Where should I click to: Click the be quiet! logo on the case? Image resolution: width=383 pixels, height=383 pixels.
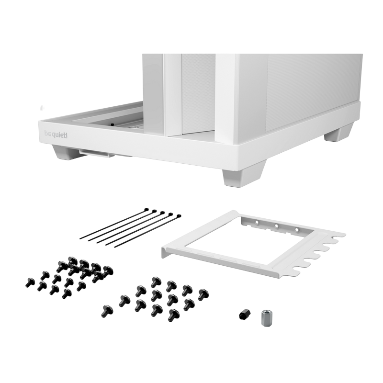56,135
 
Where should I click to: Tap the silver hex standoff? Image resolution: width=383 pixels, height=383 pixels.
265,317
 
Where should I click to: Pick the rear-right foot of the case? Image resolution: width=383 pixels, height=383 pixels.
338,133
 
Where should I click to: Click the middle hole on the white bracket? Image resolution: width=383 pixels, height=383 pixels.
277,226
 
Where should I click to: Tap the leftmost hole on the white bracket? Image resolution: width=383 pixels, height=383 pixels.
257,222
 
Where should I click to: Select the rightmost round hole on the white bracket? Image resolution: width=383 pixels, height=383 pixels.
296,230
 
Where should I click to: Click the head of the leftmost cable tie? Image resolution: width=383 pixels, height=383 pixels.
146,210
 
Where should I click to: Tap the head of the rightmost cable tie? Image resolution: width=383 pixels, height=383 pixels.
179,216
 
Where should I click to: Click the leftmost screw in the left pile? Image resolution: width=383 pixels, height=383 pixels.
30,282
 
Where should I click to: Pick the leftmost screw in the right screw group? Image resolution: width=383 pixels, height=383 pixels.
107,311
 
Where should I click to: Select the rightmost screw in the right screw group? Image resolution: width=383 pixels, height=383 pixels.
203,294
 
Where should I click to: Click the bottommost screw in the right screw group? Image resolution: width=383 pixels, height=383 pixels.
173,315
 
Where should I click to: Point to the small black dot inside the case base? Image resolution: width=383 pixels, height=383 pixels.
112,124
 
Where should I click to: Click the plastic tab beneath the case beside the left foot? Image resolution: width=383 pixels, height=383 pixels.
97,153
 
